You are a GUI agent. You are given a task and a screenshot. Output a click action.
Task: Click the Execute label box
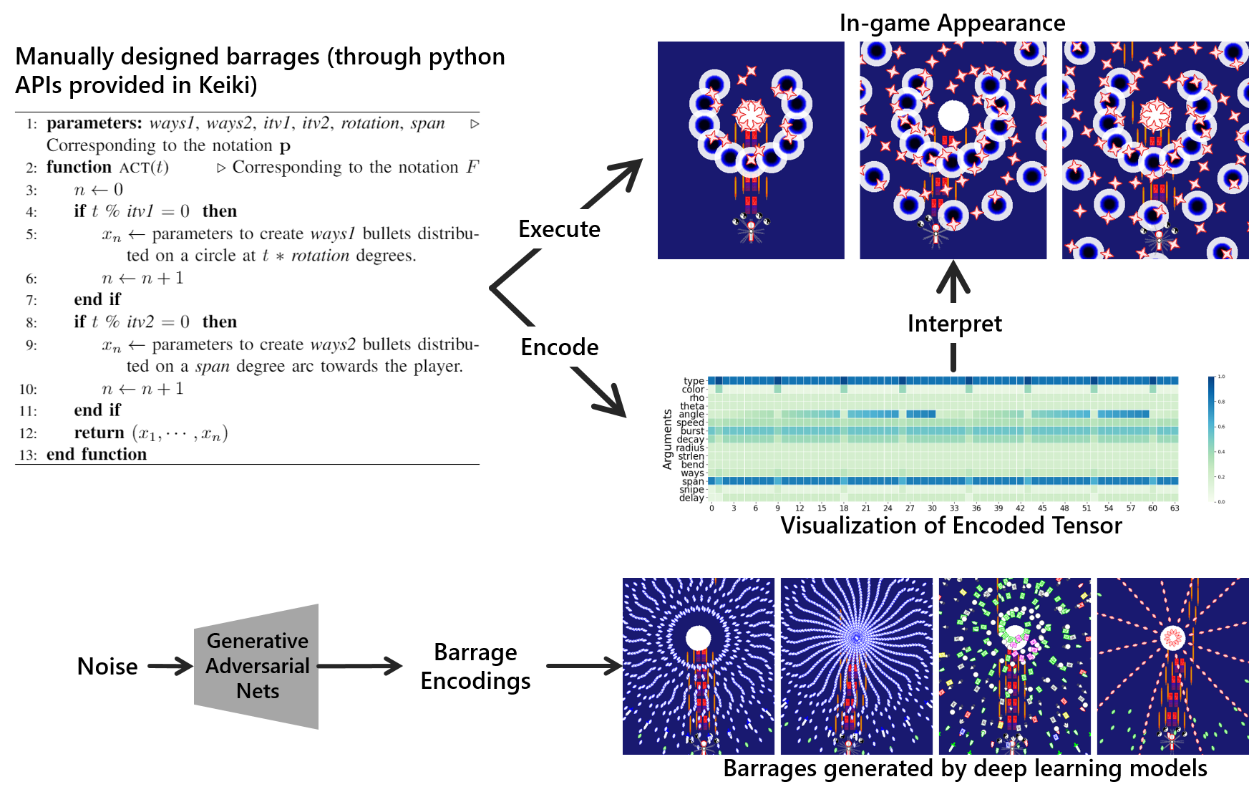(560, 229)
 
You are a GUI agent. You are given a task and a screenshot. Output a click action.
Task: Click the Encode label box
(560, 347)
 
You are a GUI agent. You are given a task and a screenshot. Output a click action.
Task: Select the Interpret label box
(955, 324)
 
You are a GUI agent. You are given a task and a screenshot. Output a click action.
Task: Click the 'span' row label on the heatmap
(693, 481)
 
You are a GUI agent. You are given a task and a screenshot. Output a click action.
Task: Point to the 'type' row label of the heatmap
(694, 381)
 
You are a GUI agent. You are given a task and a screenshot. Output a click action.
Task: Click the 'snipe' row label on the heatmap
(691, 490)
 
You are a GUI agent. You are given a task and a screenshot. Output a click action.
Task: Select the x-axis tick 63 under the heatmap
(1175, 508)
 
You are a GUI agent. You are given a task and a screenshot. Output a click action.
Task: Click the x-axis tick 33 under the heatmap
(954, 508)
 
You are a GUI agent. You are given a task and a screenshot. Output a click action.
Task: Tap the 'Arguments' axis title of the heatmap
(668, 439)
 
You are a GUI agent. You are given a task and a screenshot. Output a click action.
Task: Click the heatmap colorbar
(1211, 439)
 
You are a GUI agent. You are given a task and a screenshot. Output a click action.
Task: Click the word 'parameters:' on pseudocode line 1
(94, 123)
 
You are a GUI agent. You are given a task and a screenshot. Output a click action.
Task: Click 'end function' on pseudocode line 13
(97, 454)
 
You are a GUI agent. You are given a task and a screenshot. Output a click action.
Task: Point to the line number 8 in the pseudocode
(31, 322)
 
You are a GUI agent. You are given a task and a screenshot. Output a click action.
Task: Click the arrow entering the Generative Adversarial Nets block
(170, 667)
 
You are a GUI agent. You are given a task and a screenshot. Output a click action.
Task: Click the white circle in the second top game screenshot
(953, 115)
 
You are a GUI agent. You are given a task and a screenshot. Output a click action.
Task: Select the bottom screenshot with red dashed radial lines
(1172, 666)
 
